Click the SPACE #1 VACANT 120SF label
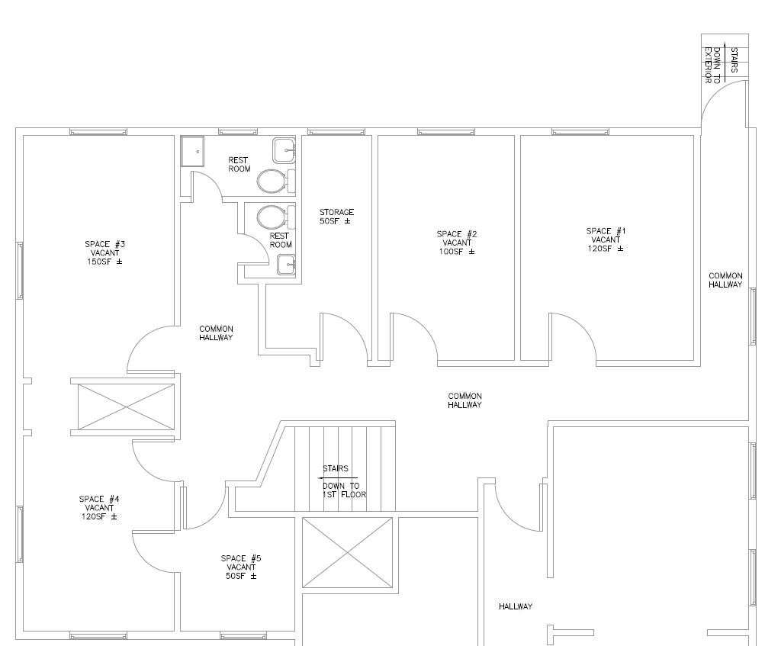pyautogui.click(x=606, y=239)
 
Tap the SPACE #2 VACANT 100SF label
pyautogui.click(x=457, y=243)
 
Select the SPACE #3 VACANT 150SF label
pyautogui.click(x=105, y=252)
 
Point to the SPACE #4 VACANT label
pyautogui.click(x=99, y=508)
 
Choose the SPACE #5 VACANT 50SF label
pyautogui.click(x=241, y=567)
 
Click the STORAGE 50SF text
pyautogui.click(x=336, y=217)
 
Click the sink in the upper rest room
pyautogui.click(x=284, y=150)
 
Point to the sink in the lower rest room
pyautogui.click(x=286, y=265)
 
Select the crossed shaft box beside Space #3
pyautogui.click(x=126, y=408)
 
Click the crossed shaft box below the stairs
pyautogui.click(x=348, y=553)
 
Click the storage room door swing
pyautogui.click(x=336, y=336)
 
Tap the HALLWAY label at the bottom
pyautogui.click(x=516, y=606)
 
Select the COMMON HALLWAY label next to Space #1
pyautogui.click(x=725, y=280)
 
